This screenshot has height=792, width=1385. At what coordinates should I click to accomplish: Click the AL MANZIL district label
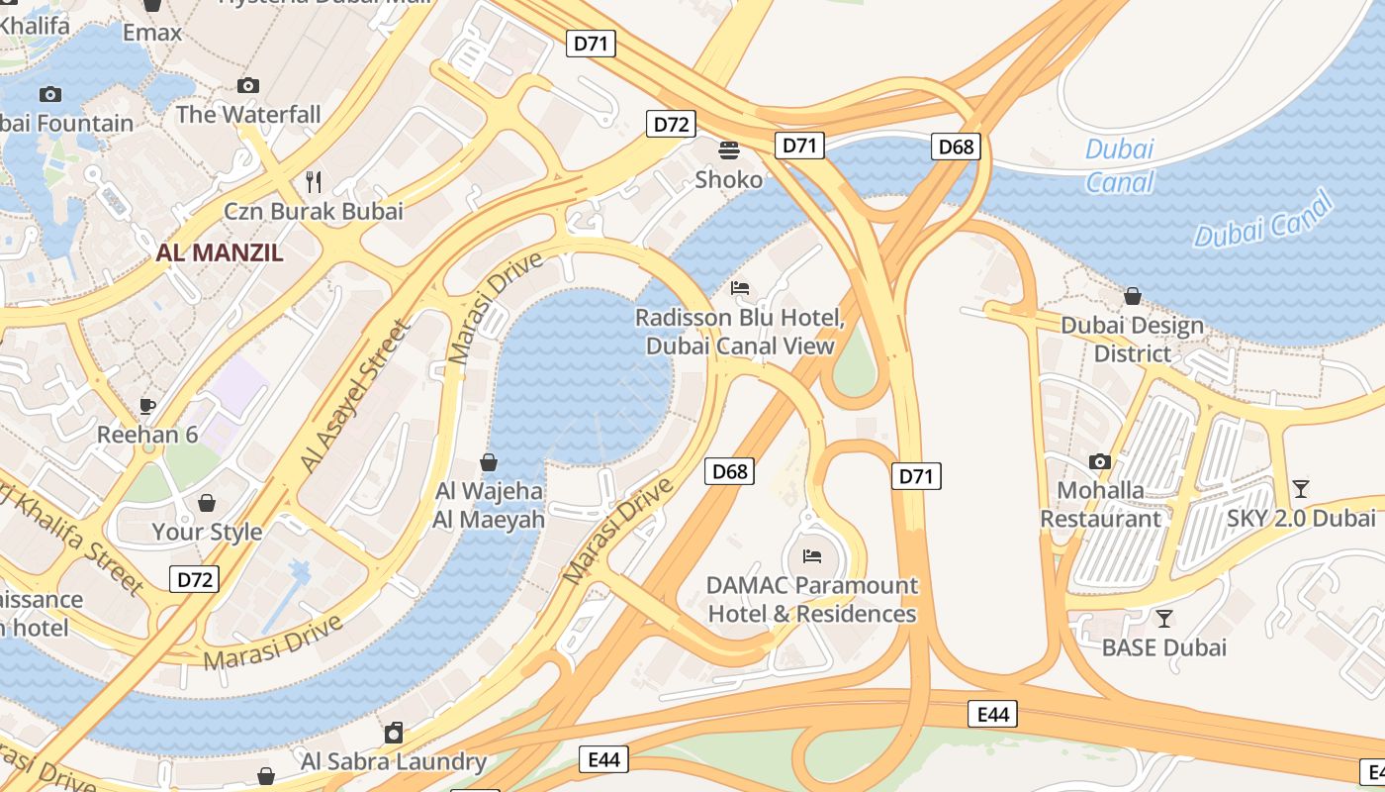pyautogui.click(x=220, y=252)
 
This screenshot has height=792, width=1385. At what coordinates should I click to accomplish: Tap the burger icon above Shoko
pyautogui.click(x=729, y=150)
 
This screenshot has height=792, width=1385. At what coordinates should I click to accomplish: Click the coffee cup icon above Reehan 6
pyautogui.click(x=147, y=406)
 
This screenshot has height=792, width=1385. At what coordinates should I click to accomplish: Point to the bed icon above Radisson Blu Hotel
pyautogui.click(x=740, y=289)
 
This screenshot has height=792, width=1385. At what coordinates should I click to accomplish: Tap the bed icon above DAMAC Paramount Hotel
pyautogui.click(x=812, y=556)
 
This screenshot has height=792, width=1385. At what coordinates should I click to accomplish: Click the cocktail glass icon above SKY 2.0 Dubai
pyautogui.click(x=1301, y=489)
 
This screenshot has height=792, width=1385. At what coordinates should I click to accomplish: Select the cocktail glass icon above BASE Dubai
pyautogui.click(x=1164, y=619)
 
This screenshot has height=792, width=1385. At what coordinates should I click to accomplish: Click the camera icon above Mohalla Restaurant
pyautogui.click(x=1099, y=461)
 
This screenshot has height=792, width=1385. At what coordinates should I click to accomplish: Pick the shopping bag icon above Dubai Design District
pyautogui.click(x=1133, y=296)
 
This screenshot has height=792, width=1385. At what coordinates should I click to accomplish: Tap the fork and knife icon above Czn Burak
pyautogui.click(x=314, y=181)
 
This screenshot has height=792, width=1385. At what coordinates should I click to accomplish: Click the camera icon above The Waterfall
pyautogui.click(x=248, y=86)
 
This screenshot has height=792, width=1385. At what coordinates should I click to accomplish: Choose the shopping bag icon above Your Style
pyautogui.click(x=207, y=503)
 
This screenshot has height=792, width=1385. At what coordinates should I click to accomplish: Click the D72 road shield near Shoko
pyautogui.click(x=672, y=124)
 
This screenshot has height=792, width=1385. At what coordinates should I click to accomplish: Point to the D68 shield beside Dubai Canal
pyautogui.click(x=956, y=148)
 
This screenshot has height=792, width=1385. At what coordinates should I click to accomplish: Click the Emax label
pyautogui.click(x=152, y=33)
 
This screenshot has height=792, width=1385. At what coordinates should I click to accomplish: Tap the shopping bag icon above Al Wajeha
pyautogui.click(x=489, y=462)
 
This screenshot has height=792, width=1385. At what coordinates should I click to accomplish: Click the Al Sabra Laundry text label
pyautogui.click(x=394, y=761)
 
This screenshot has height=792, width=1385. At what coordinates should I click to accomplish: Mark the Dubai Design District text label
pyautogui.click(x=1132, y=340)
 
